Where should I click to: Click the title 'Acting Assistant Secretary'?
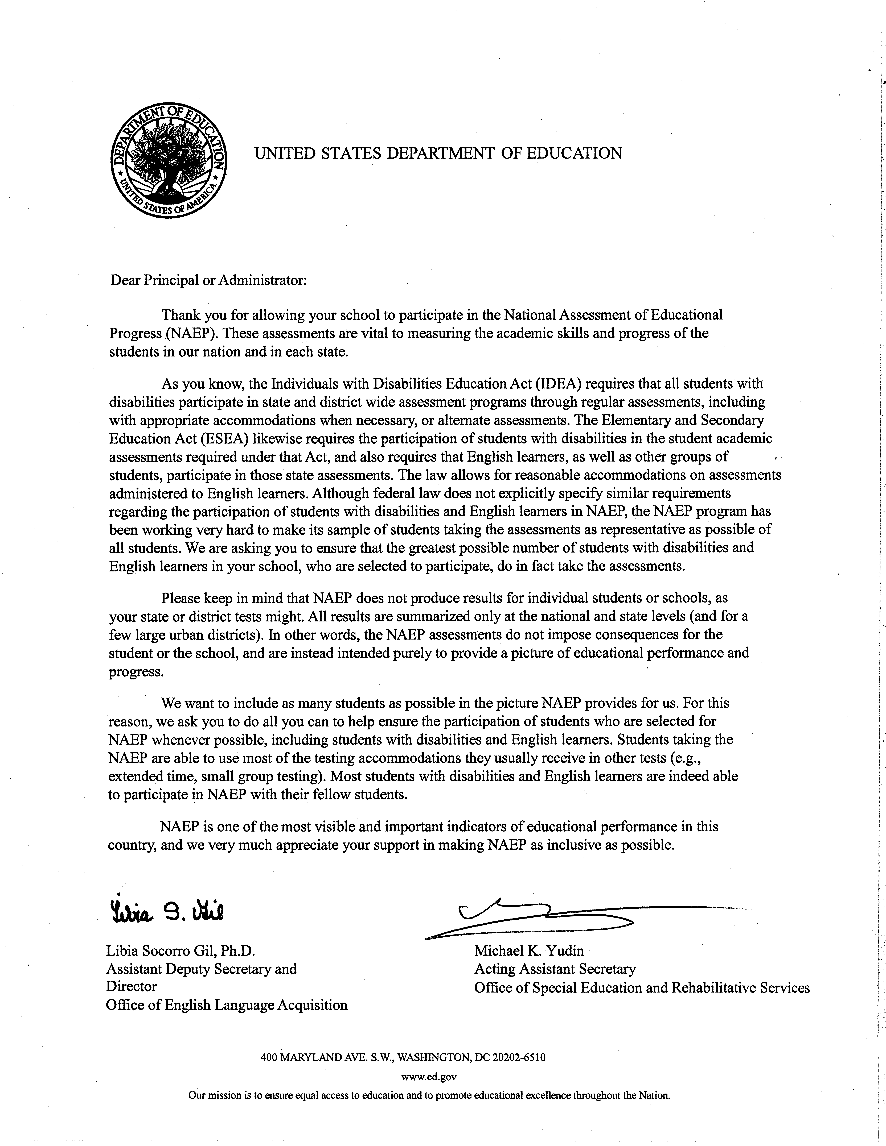pos(555,969)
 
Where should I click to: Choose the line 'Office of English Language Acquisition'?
pos(227,1005)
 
